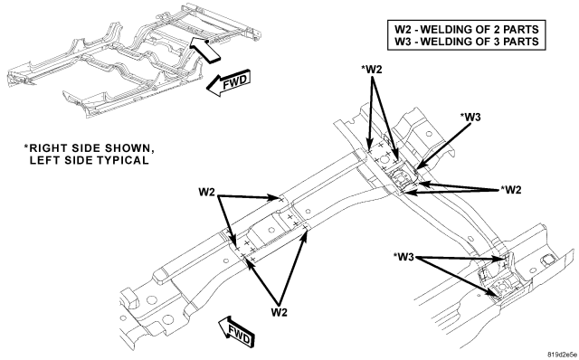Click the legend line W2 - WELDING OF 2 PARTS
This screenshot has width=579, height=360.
[467, 29]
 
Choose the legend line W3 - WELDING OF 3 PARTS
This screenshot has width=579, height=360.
[467, 42]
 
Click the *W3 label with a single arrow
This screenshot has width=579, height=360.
[470, 117]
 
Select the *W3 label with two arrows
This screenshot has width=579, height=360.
[403, 257]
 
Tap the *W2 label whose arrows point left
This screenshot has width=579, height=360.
[510, 190]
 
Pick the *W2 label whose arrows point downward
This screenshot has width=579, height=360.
[372, 71]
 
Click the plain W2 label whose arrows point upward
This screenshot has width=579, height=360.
[280, 312]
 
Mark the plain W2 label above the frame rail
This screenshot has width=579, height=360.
[207, 192]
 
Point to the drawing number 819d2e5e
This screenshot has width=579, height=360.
[562, 354]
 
